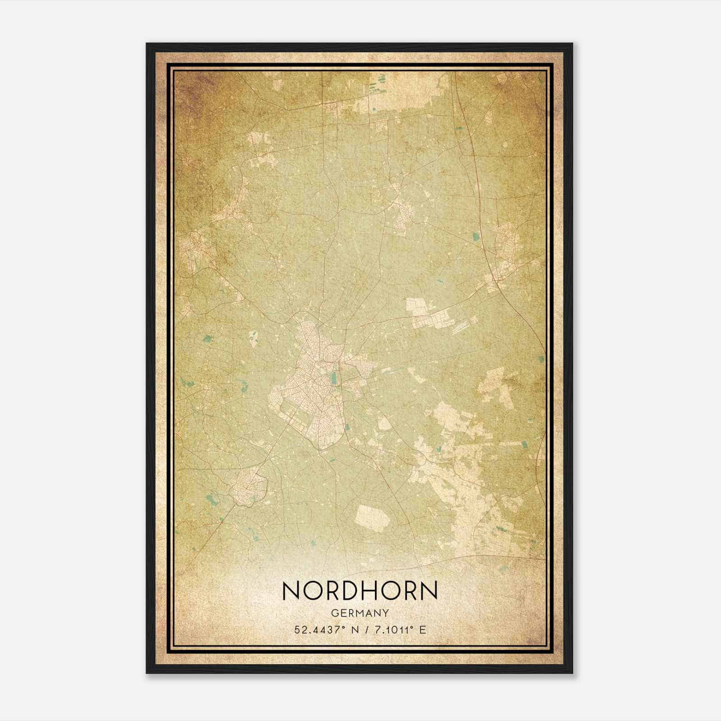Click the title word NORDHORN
coord(360,590)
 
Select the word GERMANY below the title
coord(360,613)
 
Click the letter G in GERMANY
coord(334,613)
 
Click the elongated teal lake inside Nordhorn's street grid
coord(334,379)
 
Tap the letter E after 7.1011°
coord(422,630)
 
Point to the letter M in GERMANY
coord(360,613)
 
